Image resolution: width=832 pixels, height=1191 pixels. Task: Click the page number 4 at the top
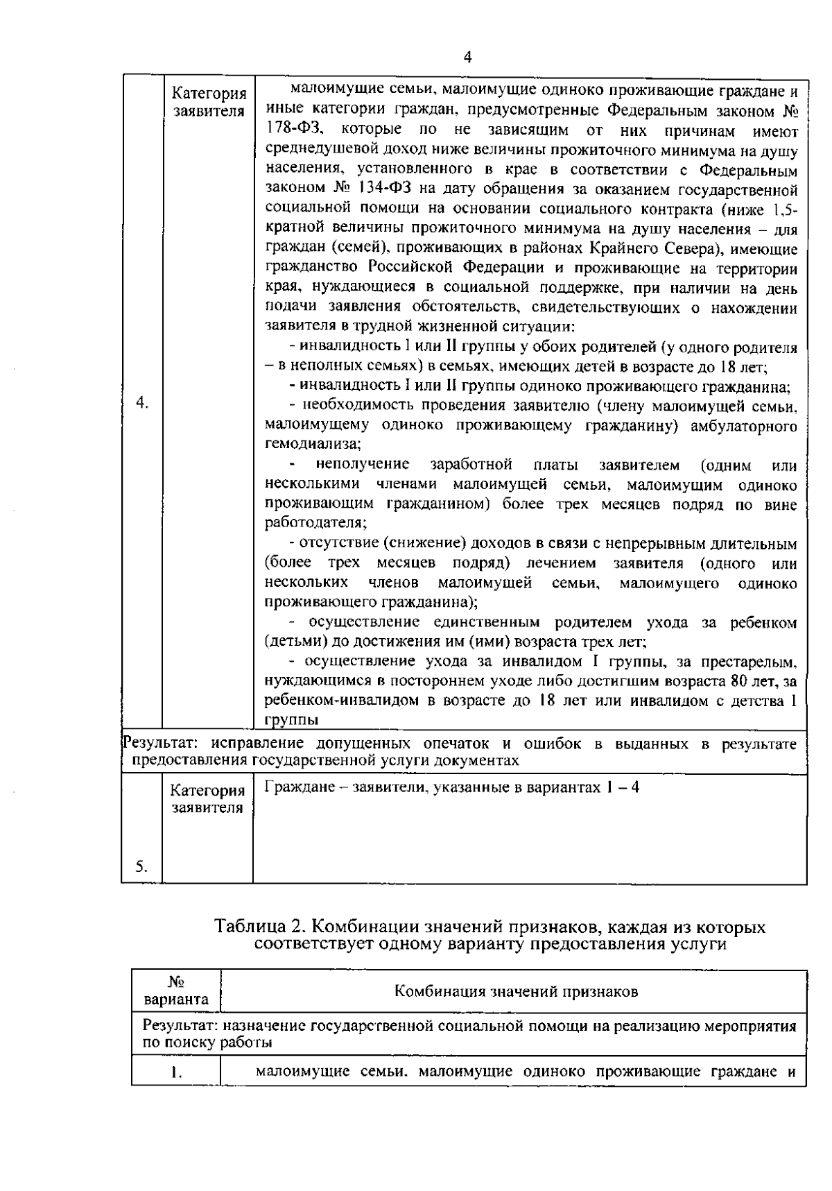pyautogui.click(x=467, y=59)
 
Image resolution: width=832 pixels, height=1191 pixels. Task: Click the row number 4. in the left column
pyautogui.click(x=142, y=403)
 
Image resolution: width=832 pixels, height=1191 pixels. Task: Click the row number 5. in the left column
pyautogui.click(x=141, y=866)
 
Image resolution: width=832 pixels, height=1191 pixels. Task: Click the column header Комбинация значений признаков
pyautogui.click(x=516, y=992)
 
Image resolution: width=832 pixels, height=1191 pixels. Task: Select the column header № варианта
pyautogui.click(x=176, y=992)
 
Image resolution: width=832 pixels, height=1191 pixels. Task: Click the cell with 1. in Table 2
pyautogui.click(x=176, y=1073)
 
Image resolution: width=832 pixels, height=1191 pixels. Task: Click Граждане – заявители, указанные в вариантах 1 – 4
pyautogui.click(x=451, y=788)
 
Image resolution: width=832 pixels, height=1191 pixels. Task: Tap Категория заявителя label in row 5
pyautogui.click(x=208, y=799)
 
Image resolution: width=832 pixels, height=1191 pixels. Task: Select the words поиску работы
pyautogui.click(x=216, y=1043)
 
